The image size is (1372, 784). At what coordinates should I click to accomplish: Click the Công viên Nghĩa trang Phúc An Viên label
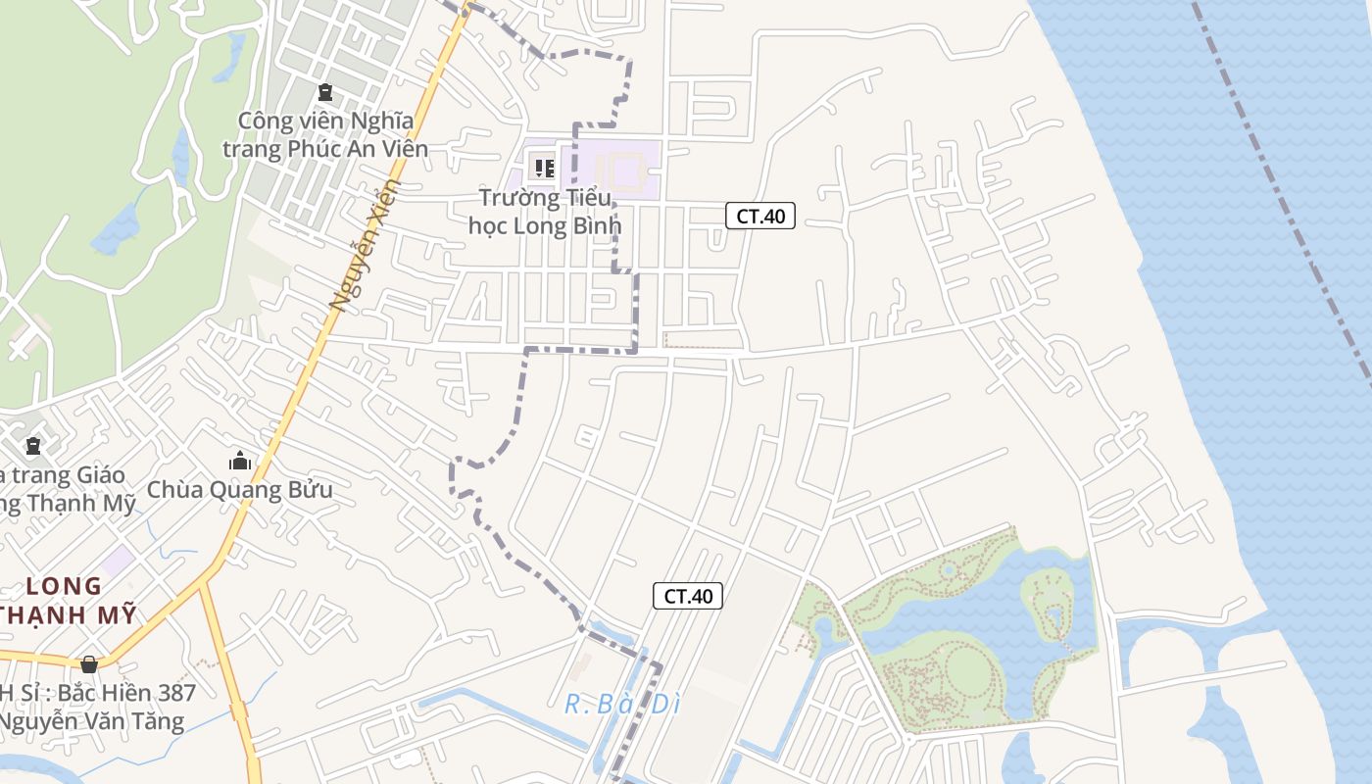(x=325, y=135)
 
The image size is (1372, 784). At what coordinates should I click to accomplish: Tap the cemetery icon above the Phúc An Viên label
(x=325, y=93)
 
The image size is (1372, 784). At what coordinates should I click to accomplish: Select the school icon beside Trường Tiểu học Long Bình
(x=544, y=168)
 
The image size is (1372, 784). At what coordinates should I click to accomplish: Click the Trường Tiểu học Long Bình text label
(x=545, y=213)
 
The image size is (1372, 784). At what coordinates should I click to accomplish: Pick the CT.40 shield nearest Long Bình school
(x=759, y=217)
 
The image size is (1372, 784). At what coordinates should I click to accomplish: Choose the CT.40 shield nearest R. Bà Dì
(x=688, y=596)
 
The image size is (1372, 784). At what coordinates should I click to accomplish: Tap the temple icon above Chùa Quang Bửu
(x=240, y=461)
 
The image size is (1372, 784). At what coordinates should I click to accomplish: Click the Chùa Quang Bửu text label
(x=240, y=490)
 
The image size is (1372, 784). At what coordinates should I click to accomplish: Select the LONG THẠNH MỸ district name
(x=65, y=601)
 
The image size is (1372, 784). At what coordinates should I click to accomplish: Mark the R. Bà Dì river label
(x=622, y=704)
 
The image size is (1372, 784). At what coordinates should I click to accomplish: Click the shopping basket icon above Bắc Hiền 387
(x=89, y=664)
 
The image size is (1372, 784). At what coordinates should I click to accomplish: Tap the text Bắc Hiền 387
(x=127, y=693)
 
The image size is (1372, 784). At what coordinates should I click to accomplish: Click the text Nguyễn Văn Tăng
(x=93, y=722)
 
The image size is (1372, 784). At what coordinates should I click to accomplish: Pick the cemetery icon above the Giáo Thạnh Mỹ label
(x=33, y=446)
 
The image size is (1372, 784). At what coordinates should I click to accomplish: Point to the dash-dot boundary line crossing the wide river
(x=1284, y=196)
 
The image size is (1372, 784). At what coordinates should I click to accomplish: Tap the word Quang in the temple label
(x=235, y=490)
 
